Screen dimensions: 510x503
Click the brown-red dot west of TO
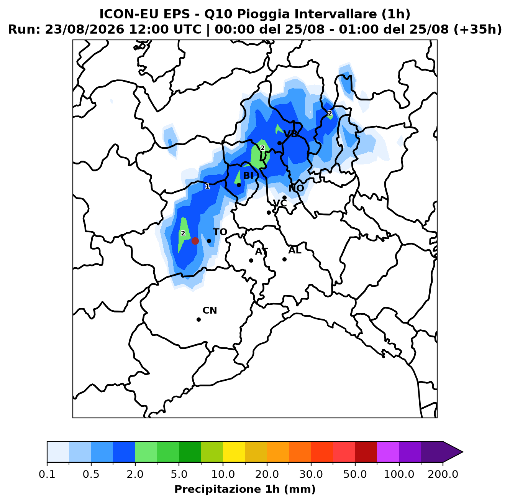[x=195, y=241]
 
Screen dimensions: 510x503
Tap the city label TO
[x=220, y=232]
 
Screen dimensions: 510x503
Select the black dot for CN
[x=198, y=319]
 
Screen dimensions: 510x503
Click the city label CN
[x=210, y=311]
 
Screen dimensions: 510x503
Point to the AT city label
[x=261, y=251]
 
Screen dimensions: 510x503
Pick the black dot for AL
[x=284, y=259]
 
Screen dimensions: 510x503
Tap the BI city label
[x=248, y=176]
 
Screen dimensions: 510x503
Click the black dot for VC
[x=269, y=212]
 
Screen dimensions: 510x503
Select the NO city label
[x=296, y=188]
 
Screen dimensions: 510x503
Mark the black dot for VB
[x=279, y=143]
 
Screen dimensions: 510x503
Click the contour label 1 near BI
[x=208, y=186]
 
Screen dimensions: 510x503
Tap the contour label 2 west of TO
[x=183, y=233]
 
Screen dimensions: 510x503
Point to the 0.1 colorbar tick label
[x=47, y=474]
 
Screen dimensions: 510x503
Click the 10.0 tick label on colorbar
[x=223, y=474]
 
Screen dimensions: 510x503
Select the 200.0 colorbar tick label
[x=443, y=474]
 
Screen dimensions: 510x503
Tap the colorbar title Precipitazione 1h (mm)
[x=245, y=489]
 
